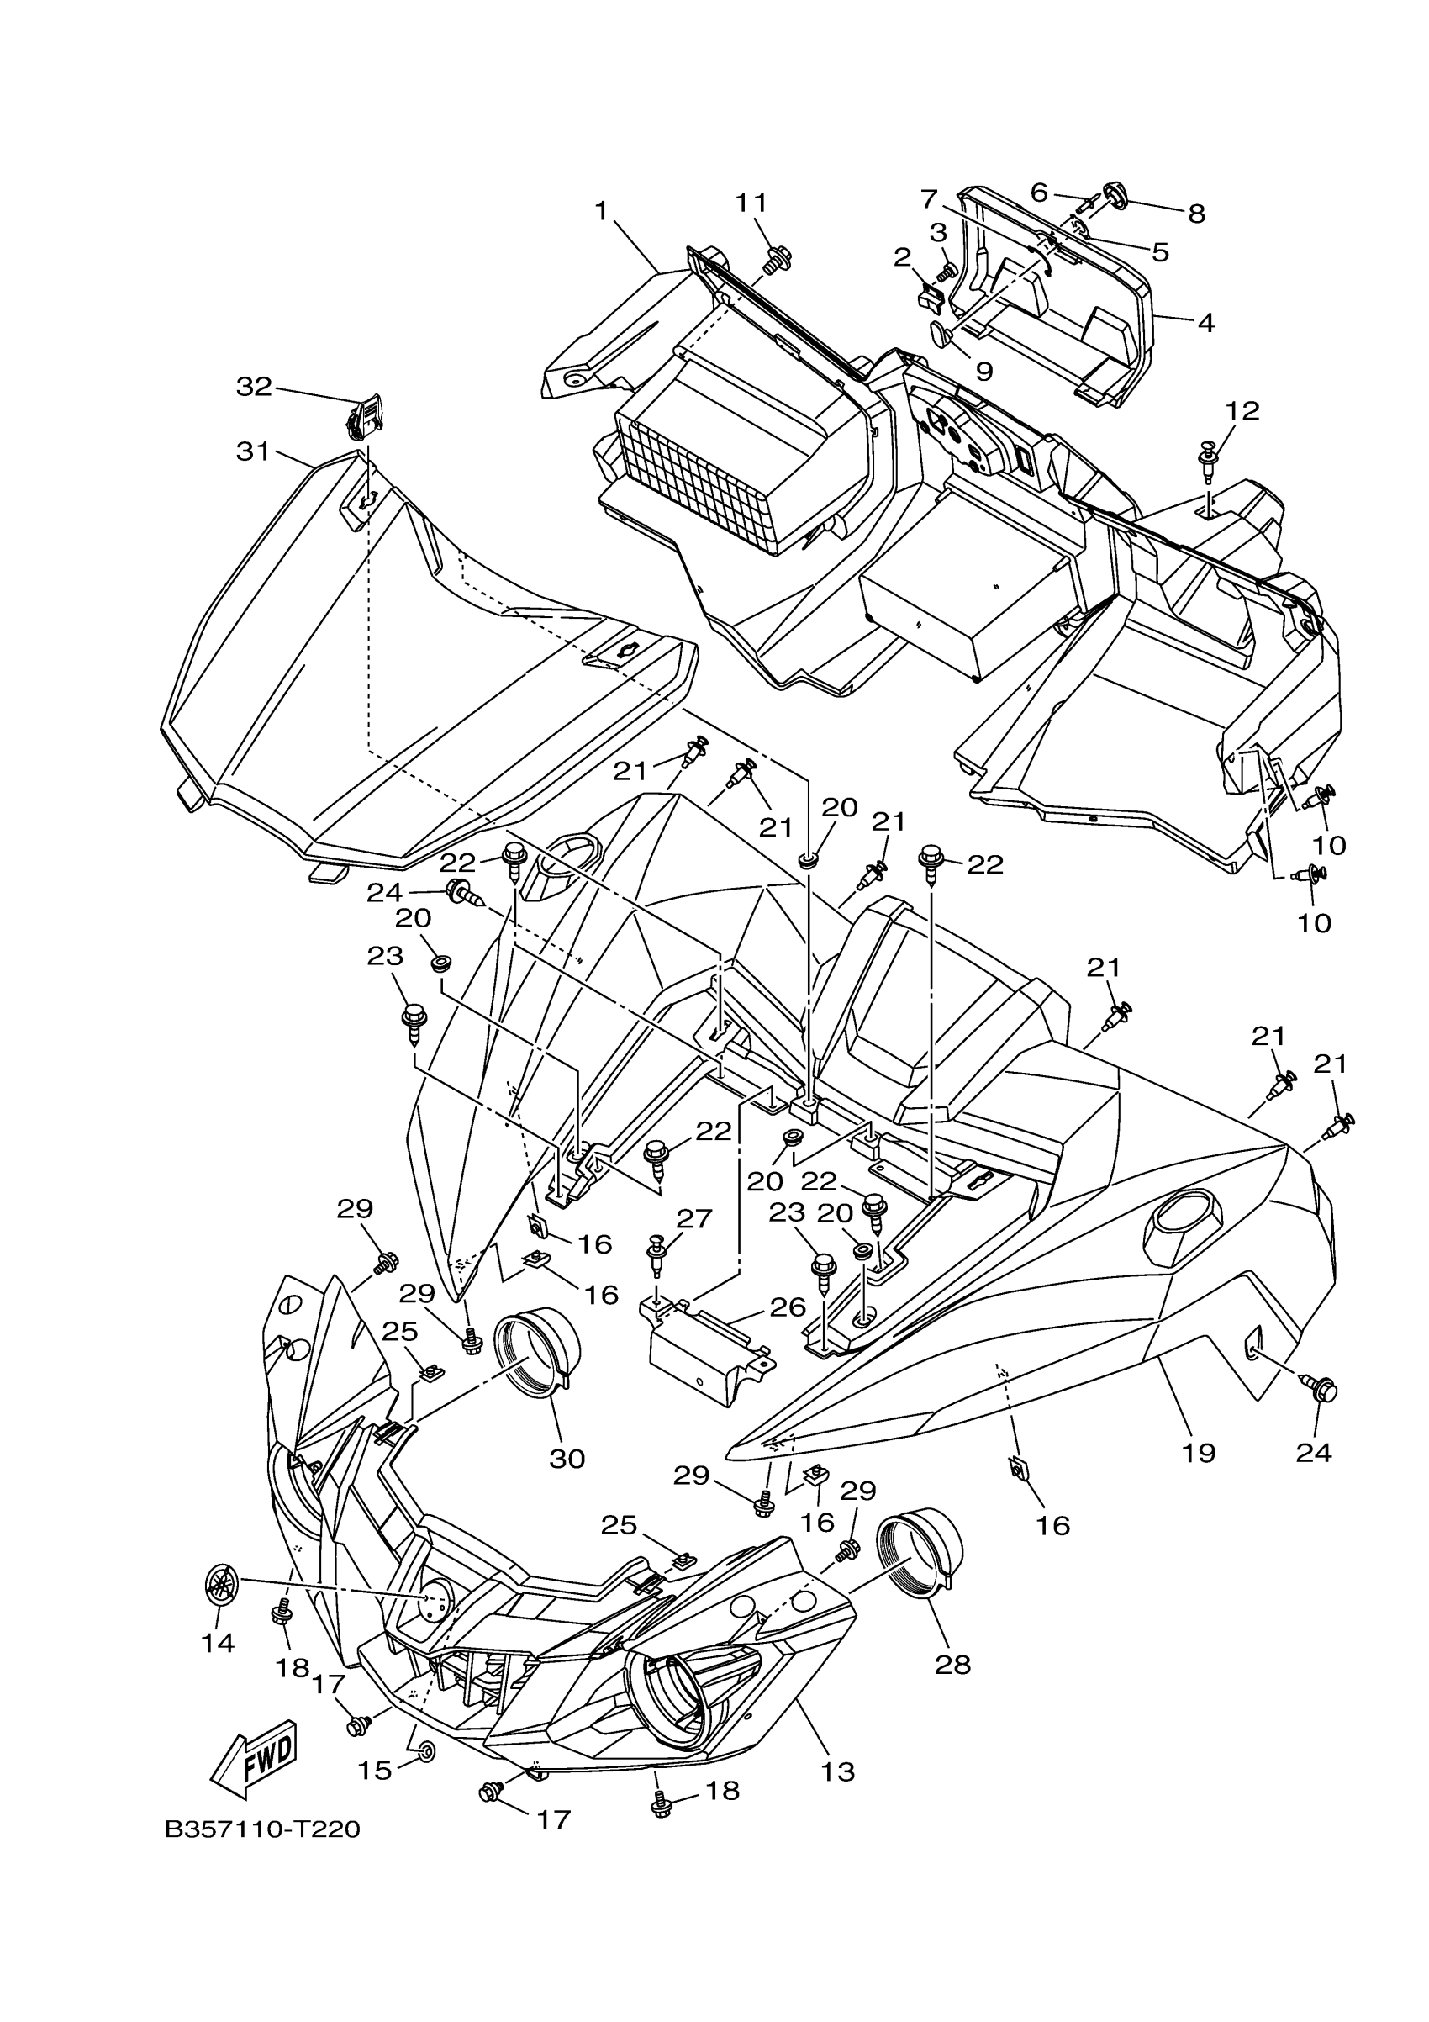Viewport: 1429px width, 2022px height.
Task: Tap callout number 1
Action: click(x=602, y=210)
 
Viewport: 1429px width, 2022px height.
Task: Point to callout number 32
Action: click(x=255, y=387)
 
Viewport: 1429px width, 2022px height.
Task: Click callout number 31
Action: click(x=253, y=451)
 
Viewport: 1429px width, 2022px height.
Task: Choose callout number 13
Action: click(x=837, y=1772)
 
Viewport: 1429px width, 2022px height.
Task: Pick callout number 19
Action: click(x=1199, y=1453)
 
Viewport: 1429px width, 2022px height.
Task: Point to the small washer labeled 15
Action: click(x=424, y=1750)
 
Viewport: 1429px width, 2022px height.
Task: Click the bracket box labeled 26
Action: click(x=704, y=1365)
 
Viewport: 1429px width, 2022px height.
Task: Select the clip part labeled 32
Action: click(x=363, y=419)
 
